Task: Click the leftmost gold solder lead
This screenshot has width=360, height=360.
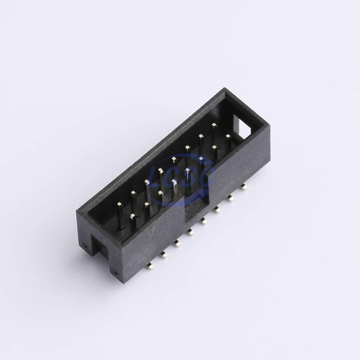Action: (149, 266)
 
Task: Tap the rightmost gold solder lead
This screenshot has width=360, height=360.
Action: (244, 187)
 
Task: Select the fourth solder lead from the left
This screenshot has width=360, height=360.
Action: (190, 232)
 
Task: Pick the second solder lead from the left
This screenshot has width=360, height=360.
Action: (163, 254)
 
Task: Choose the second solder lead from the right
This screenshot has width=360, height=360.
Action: (230, 198)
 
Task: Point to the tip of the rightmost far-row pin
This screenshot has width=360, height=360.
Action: (214, 125)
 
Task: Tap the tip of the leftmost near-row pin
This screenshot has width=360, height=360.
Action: (133, 216)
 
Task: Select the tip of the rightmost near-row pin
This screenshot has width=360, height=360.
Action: (228, 136)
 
